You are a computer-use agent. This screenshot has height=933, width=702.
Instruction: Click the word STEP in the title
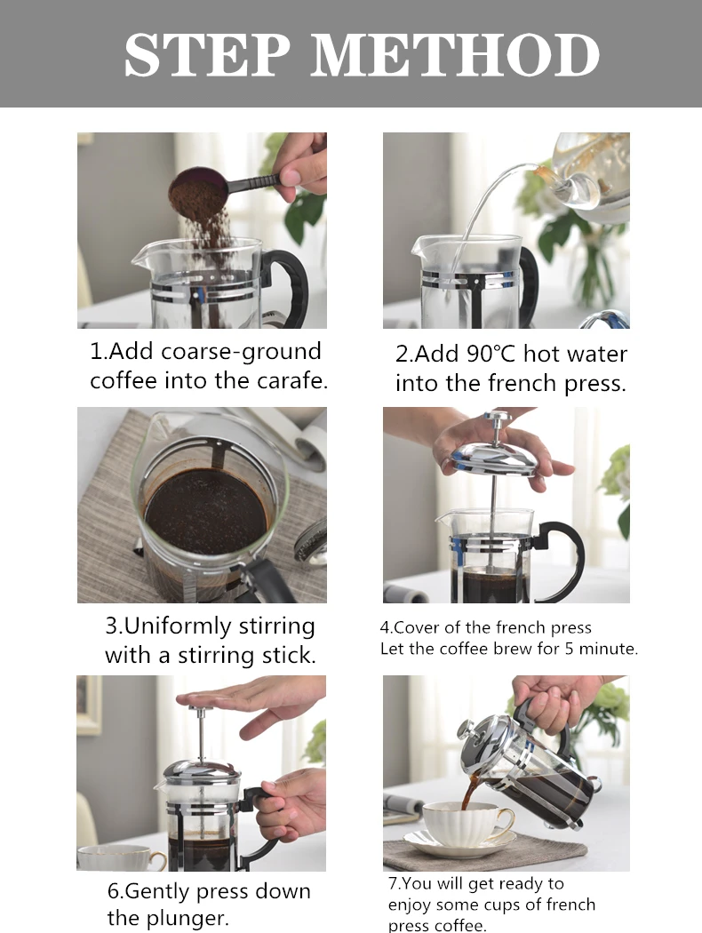tap(207, 54)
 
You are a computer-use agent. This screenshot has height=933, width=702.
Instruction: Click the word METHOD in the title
tap(454, 54)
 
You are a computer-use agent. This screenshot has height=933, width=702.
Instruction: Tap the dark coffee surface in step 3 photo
tap(206, 512)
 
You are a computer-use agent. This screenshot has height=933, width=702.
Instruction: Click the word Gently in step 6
tap(157, 892)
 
